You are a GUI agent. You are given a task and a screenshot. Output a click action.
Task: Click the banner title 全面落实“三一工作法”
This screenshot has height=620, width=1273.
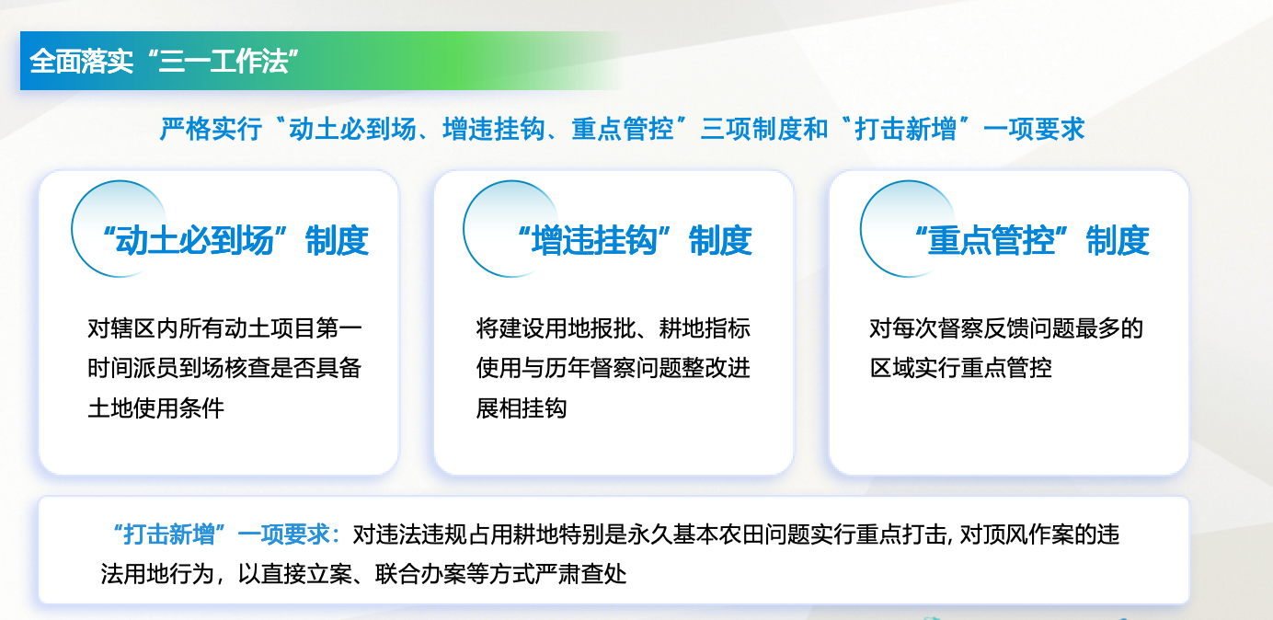point(164,61)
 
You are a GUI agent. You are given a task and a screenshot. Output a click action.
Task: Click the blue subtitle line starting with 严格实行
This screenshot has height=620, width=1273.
point(623,129)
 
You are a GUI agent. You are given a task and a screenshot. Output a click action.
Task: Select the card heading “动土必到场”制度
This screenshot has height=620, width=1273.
point(235,240)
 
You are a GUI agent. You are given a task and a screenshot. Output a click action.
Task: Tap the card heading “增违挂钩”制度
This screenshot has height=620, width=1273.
point(636,240)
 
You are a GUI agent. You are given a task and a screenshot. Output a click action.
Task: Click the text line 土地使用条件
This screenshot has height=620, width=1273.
point(156,408)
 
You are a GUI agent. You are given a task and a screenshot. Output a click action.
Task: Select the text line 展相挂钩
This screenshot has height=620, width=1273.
point(522,408)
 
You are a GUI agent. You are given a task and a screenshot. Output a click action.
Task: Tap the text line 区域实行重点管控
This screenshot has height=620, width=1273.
point(961,368)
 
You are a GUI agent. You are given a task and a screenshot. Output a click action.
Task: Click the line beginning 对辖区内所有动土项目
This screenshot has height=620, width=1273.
point(224,327)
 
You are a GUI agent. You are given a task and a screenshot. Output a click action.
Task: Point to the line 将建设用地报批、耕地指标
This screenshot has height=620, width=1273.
point(614,327)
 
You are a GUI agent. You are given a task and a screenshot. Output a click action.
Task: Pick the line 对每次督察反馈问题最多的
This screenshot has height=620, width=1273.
point(1006,327)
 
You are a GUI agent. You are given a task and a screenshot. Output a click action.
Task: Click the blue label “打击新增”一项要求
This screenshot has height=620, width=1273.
point(226,534)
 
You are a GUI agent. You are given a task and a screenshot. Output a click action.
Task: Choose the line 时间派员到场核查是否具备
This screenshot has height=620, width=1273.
point(224,368)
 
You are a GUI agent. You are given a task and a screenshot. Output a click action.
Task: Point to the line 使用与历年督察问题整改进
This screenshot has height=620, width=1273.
point(614,368)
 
